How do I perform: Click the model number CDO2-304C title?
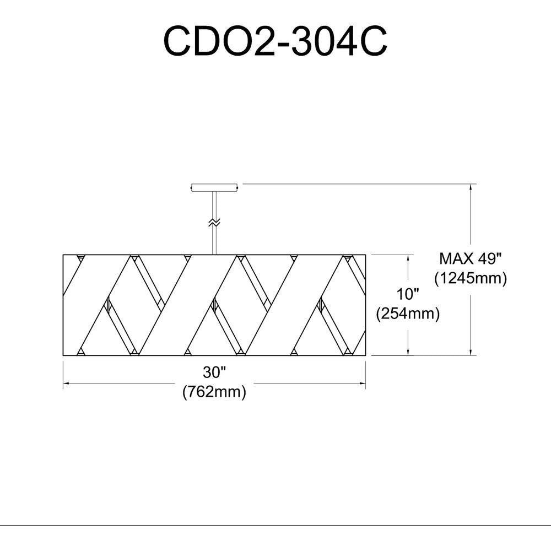275,41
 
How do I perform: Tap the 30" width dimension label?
214,372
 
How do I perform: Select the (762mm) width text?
214,391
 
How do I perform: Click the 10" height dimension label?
408,294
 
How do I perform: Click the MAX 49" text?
470,259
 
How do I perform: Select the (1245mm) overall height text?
471,278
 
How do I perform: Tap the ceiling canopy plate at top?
215,188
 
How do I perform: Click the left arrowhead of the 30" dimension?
66,383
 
